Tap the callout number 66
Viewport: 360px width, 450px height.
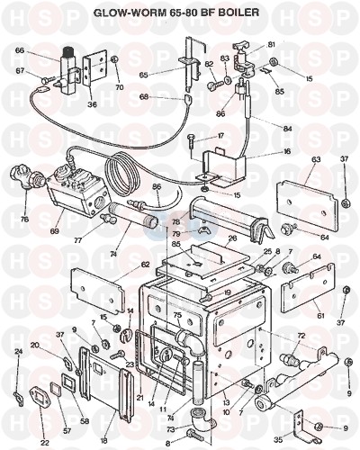coord(20,50)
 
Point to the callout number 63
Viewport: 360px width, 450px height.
coord(316,159)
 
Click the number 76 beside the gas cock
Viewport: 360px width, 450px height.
coord(24,219)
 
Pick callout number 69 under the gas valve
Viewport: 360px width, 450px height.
coord(55,231)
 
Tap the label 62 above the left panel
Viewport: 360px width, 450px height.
coord(145,265)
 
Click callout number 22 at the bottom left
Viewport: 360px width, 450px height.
coord(44,442)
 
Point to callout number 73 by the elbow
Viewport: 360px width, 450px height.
coord(171,430)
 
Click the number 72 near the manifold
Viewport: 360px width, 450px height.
coord(301,336)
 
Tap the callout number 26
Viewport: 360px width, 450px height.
coord(232,238)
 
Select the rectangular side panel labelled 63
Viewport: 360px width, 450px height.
coord(307,203)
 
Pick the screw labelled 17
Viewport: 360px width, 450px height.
coord(192,144)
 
